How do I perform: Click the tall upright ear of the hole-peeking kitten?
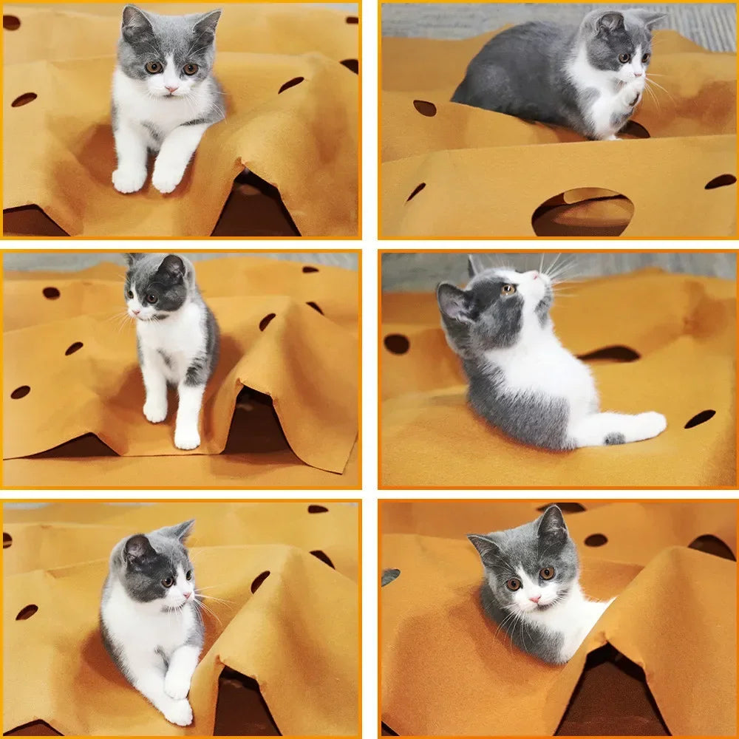pos(551,523)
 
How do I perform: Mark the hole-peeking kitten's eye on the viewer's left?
pos(514,584)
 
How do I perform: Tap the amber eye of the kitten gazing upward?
pos(508,290)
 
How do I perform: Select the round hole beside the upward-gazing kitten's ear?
pos(397,344)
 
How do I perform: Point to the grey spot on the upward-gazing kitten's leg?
pos(614,438)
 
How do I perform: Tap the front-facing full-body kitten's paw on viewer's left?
pos(129,179)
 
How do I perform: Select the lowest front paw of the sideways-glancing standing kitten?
pos(187,439)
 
